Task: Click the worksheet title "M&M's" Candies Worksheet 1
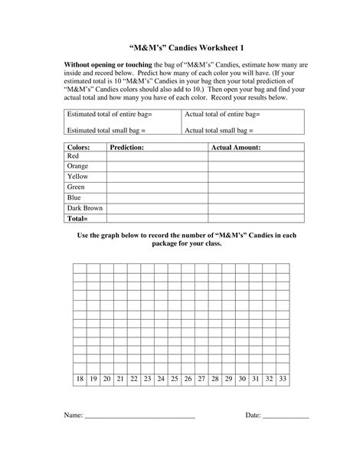pos(181,45)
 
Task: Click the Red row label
pos(74,156)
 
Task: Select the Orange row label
pos(78,166)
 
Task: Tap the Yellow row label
pos(78,177)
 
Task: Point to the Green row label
pos(77,187)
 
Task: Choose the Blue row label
pos(74,197)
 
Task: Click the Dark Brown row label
pos(84,207)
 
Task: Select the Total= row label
pos(77,218)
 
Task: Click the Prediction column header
pos(129,145)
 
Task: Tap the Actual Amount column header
pos(236,145)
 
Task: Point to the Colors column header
pos(79,145)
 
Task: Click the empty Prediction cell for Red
pos(157,156)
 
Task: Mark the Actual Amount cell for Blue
pos(257,197)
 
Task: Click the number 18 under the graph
pos(80,379)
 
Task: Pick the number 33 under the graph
pos(283,379)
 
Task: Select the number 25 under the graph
pos(175,379)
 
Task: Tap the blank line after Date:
pos(286,418)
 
